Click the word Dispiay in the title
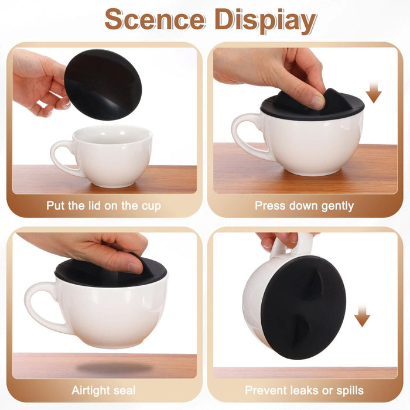pos(265,20)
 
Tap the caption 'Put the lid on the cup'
pos(104,206)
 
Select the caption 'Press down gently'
pos(304,206)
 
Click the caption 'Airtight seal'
pos(104,390)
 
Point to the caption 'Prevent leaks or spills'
pos(304,390)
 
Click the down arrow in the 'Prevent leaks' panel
pos(363,316)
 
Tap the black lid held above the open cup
pos(102,84)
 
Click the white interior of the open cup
pos(111,136)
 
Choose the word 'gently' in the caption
pos(334,206)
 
